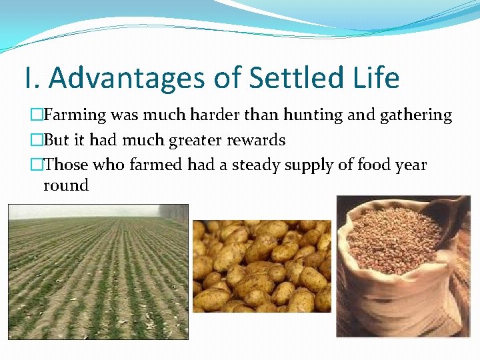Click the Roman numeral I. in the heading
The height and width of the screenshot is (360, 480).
[31, 78]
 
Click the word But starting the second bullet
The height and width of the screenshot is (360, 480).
[56, 141]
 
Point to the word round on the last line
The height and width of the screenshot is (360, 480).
[65, 185]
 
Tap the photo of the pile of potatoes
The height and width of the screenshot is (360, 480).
[261, 267]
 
